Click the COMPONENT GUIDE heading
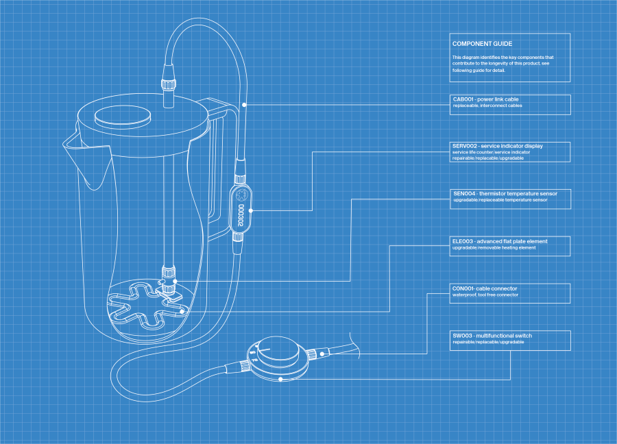[482, 44]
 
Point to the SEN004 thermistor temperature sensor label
[505, 194]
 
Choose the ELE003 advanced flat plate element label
[500, 241]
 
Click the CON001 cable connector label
[485, 288]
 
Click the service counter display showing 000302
[241, 213]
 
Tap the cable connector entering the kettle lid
[167, 85]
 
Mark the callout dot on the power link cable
[245, 105]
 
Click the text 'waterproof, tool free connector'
[485, 295]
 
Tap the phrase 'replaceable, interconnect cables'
[487, 106]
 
